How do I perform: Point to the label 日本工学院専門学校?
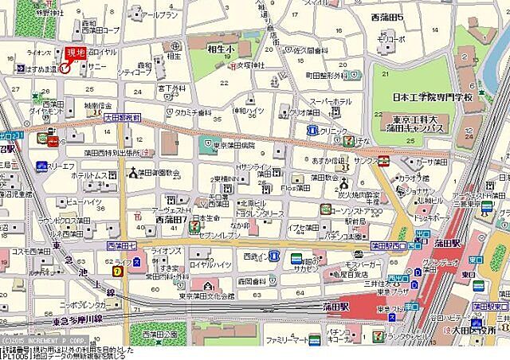[433, 97]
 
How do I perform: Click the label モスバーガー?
[364, 263]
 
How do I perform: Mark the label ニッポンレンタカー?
[86, 306]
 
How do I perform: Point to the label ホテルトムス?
[88, 174]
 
